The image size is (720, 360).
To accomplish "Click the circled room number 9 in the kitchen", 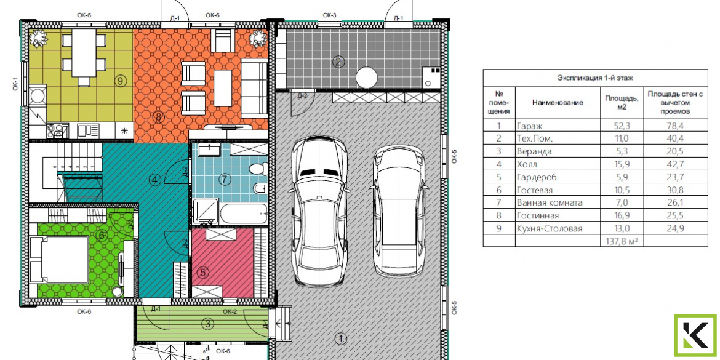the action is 120,81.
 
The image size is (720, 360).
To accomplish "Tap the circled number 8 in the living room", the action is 158,117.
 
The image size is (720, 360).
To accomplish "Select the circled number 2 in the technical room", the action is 338,62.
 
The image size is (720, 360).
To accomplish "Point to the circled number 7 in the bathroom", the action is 224,180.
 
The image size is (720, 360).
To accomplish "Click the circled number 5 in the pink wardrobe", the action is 203,272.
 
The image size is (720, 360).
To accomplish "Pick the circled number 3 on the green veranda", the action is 208,324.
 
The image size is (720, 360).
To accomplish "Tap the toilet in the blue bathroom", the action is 258,169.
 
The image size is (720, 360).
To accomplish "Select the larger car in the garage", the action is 318,210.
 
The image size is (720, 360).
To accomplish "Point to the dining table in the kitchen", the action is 84,55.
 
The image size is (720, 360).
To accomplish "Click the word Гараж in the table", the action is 529,126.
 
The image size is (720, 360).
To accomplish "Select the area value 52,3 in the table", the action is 622,126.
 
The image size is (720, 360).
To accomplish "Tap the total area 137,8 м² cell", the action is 622,241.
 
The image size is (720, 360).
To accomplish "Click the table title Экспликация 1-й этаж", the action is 595,78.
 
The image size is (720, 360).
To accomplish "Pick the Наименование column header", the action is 558,102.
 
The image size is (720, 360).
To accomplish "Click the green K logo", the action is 695,335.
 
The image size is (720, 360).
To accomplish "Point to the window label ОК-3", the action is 330,15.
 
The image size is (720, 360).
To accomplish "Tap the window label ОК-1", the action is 15,83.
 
